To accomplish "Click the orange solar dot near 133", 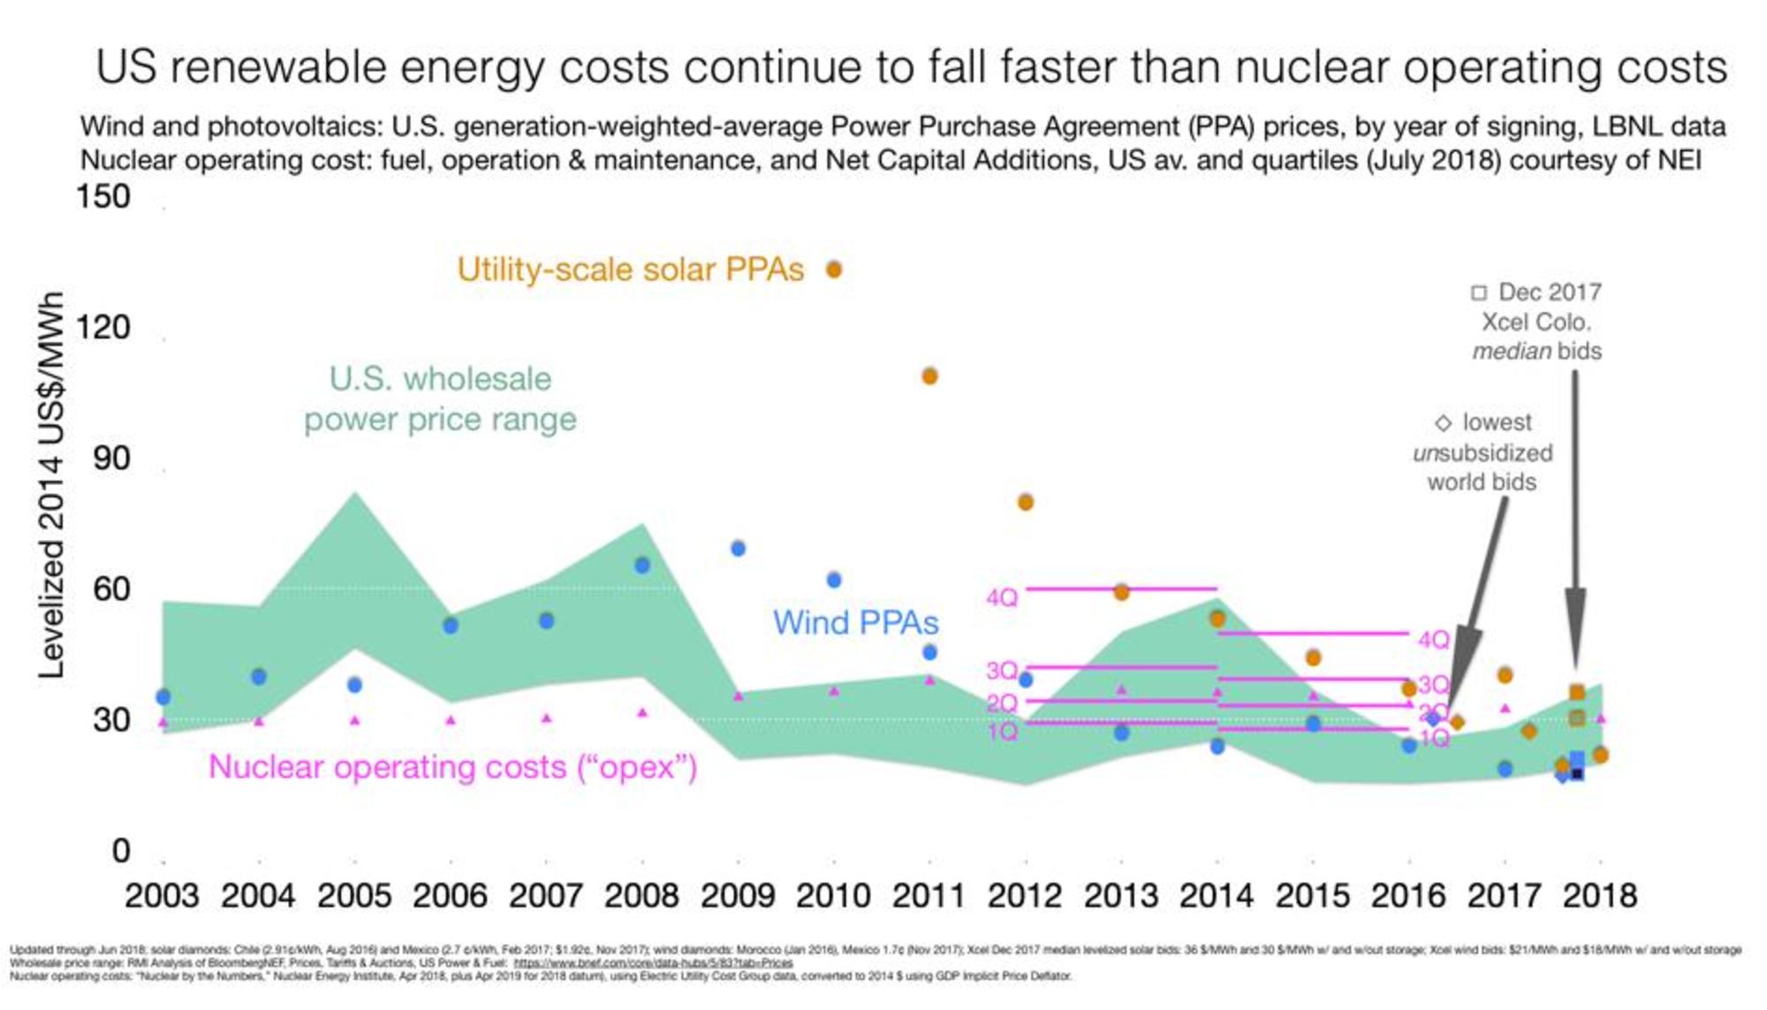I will point(833,270).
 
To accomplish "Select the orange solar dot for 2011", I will point(929,376).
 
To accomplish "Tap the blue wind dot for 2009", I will point(738,549).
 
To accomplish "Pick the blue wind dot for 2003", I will point(163,697).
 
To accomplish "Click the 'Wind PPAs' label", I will point(854,623).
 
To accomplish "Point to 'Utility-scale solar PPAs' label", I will point(630,270).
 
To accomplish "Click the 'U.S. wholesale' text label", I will point(440,379).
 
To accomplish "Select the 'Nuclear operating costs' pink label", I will point(452,767).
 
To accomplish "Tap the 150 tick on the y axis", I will point(103,196).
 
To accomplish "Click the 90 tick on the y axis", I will point(111,458).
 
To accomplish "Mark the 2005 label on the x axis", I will point(354,896).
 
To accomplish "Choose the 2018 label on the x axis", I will point(1599,896).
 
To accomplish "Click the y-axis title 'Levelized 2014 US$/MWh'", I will point(51,484).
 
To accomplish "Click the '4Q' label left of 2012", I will point(1002,598).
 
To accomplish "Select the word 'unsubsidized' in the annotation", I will point(1483,453).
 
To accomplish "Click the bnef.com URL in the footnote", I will point(653,963).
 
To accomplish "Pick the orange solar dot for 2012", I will point(1025,503).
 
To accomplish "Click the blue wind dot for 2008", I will point(642,566).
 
